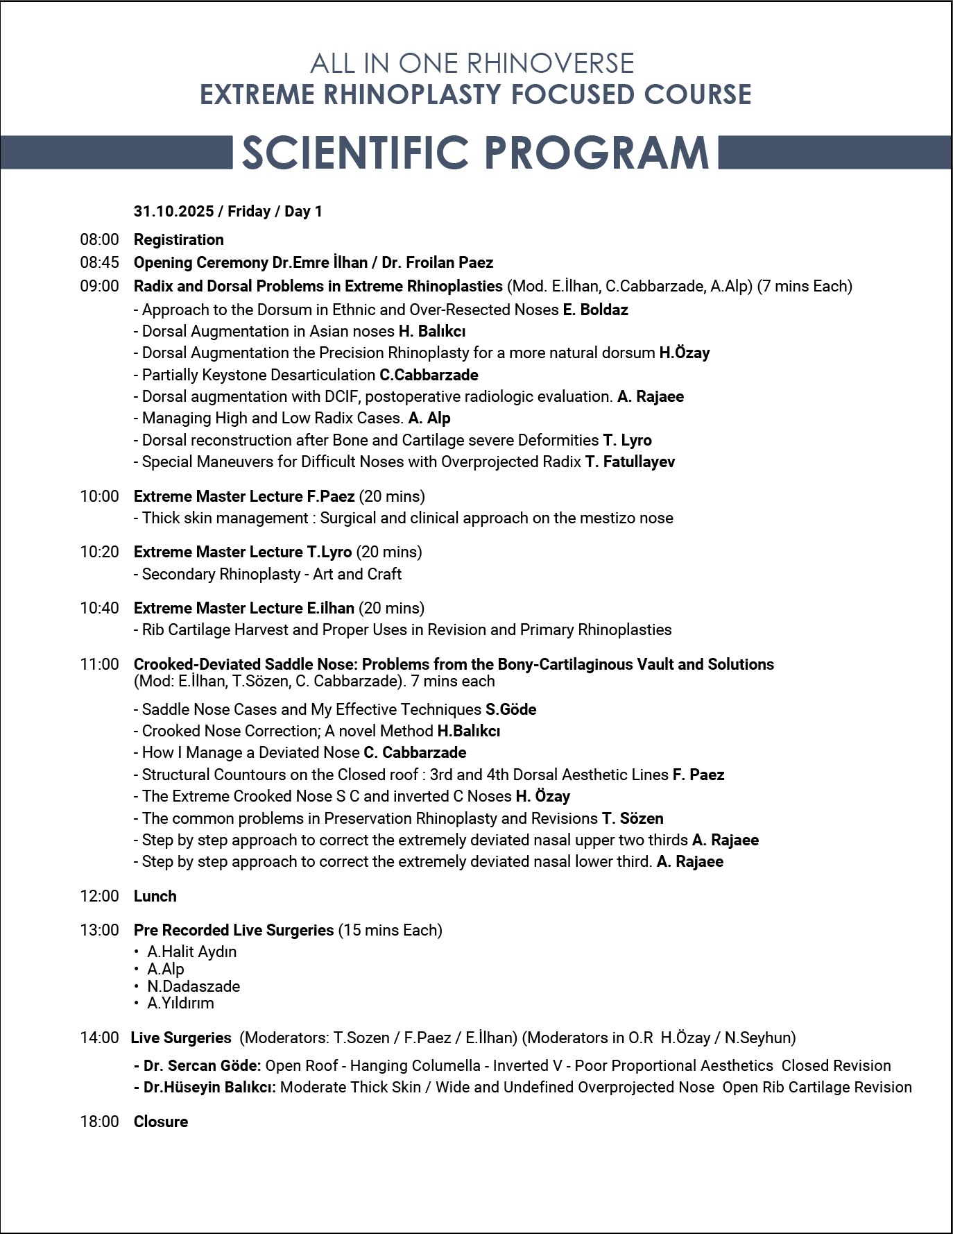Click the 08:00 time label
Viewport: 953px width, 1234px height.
click(x=99, y=240)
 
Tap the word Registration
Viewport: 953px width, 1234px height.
click(x=178, y=240)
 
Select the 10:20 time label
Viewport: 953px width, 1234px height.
click(x=99, y=552)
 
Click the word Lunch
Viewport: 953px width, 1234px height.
click(x=155, y=896)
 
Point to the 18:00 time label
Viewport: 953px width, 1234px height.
click(x=99, y=1122)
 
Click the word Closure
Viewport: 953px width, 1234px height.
click(x=160, y=1122)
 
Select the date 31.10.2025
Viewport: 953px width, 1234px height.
click(x=173, y=212)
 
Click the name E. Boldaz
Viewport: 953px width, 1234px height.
click(x=595, y=310)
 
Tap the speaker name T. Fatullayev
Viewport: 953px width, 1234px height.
click(x=630, y=462)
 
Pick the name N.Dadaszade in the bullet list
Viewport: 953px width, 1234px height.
click(x=194, y=986)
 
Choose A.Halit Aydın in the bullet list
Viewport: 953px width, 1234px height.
click(x=191, y=952)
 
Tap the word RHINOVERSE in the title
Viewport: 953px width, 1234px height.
click(x=550, y=64)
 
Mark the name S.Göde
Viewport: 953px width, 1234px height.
click(x=510, y=709)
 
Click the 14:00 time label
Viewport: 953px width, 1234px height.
click(x=99, y=1038)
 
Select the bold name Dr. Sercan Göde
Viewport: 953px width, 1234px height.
click(x=202, y=1066)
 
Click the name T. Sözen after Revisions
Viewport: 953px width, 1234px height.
click(x=633, y=818)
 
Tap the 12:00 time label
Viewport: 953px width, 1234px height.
click(x=99, y=896)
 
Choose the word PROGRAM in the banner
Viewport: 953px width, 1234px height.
click(x=596, y=153)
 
